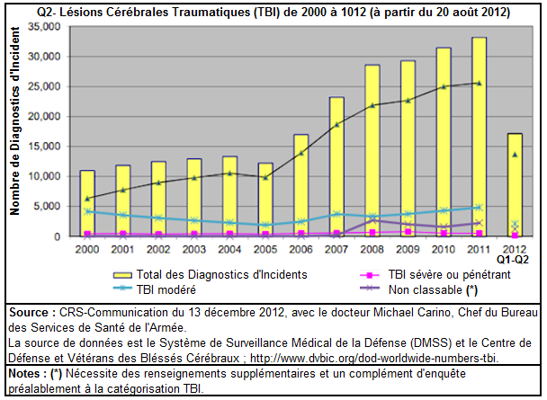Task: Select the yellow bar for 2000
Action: point(86,203)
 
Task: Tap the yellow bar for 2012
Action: point(515,184)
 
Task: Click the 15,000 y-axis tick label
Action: point(46,147)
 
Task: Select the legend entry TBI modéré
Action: point(163,289)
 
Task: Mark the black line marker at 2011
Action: point(479,83)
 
